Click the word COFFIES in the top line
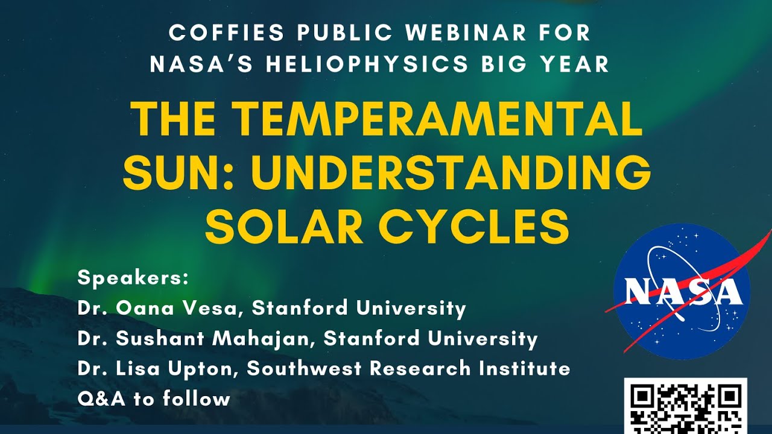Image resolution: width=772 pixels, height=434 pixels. pyautogui.click(x=219, y=33)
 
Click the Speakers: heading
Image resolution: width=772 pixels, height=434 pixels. pyautogui.click(x=133, y=278)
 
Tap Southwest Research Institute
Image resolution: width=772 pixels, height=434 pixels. pyautogui.click(x=409, y=368)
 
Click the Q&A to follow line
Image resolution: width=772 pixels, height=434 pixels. pyautogui.click(x=154, y=398)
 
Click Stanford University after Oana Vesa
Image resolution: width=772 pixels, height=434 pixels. pyautogui.click(x=359, y=309)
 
